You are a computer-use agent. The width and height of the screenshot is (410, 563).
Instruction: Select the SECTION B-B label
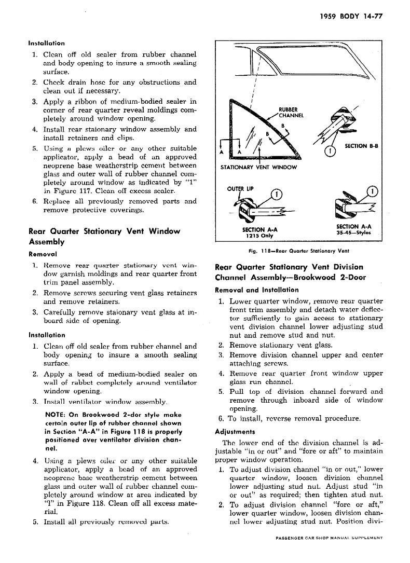point(361,146)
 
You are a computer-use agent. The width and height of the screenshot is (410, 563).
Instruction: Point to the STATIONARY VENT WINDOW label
point(259,167)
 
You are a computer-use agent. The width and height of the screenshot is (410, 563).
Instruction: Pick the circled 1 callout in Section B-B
point(328,151)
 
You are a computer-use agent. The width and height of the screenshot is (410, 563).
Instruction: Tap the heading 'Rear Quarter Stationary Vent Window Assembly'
point(104,236)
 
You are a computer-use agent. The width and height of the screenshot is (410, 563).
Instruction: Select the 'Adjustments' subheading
point(235,431)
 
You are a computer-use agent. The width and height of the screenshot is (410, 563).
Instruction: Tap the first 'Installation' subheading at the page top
point(47,43)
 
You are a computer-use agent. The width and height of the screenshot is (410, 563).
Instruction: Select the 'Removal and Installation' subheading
point(256,290)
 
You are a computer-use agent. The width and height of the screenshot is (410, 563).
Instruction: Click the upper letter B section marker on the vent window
point(283,125)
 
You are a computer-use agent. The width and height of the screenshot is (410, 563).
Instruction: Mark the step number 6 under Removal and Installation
point(220,419)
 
